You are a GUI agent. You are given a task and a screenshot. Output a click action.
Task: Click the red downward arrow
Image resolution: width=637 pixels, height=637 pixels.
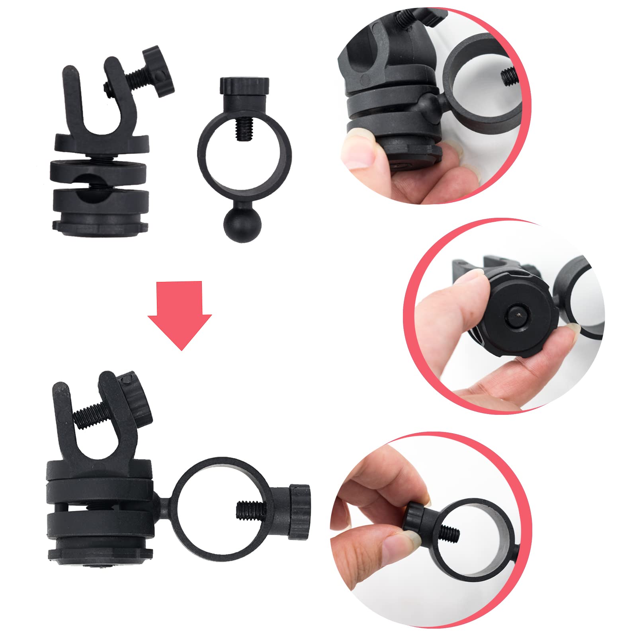(x=180, y=315)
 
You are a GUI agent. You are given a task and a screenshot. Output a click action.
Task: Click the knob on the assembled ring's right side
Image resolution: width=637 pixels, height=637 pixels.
(x=299, y=512)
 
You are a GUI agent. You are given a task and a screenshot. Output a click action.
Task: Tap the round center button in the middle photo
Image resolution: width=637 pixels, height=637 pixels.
(x=517, y=315)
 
